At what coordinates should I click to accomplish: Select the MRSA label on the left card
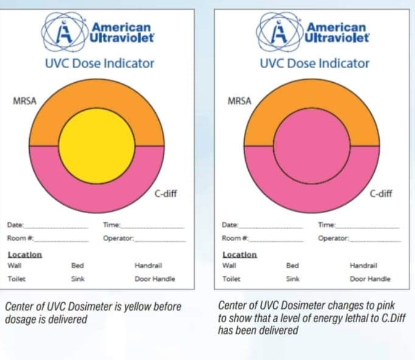point(23,101)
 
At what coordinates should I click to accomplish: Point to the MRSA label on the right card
point(239,101)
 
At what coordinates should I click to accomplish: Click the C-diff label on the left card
point(166,195)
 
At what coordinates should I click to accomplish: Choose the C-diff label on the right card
point(382,195)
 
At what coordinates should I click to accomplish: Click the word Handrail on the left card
point(147,266)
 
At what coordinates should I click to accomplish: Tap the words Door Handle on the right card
point(370,279)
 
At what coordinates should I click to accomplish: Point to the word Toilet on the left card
point(15,279)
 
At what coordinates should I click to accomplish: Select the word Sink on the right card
point(293,279)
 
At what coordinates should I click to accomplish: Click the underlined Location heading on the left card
point(24,255)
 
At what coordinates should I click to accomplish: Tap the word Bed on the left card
point(77,266)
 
